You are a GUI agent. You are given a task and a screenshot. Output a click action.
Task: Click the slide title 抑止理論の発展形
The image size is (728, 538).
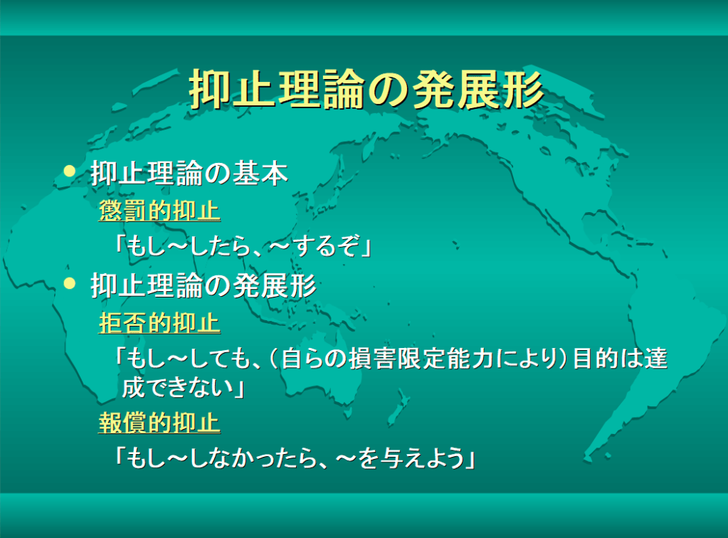[366, 90]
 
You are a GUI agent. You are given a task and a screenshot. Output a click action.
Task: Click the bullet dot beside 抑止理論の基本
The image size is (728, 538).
[70, 172]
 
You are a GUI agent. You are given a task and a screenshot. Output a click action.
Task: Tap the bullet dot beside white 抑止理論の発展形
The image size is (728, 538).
[70, 283]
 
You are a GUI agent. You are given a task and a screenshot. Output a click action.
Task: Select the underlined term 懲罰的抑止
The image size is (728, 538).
[159, 211]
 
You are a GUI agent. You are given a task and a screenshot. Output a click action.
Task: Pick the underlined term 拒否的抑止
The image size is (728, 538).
[159, 323]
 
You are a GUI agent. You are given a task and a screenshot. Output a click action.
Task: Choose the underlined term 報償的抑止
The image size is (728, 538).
[159, 423]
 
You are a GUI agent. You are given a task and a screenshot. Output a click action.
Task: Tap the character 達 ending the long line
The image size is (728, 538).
[656, 359]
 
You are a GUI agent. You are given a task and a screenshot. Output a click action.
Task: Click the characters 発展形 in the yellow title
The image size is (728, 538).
[478, 90]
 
